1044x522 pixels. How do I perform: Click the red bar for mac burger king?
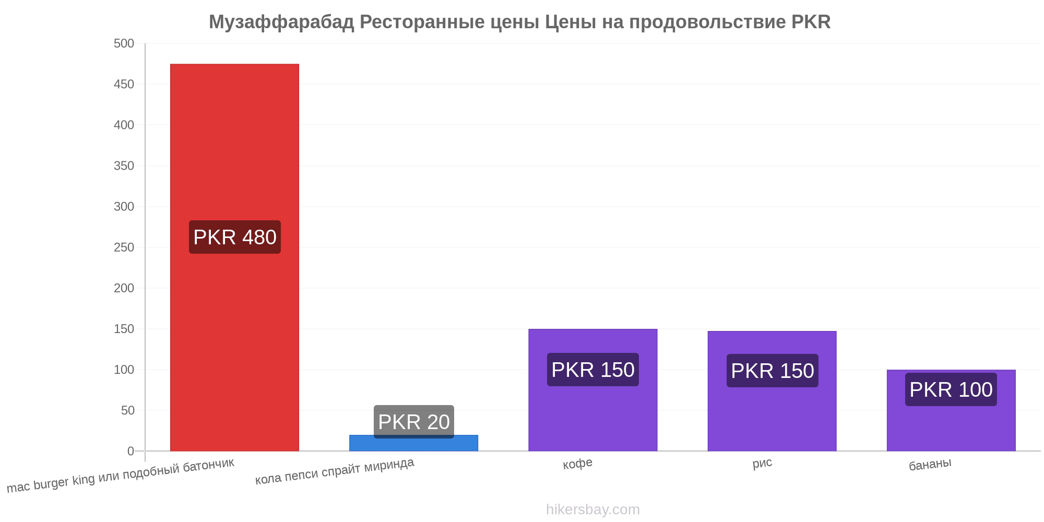click(x=234, y=257)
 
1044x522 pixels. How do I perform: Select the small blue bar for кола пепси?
click(x=413, y=443)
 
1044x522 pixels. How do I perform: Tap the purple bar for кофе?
click(x=592, y=390)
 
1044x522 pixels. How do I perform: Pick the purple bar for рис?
click(x=772, y=391)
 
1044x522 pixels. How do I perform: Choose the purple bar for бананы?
click(x=951, y=410)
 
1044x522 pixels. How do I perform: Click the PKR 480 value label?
click(x=235, y=237)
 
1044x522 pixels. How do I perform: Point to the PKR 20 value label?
click(x=414, y=422)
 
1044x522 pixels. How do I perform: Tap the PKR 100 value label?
click(x=951, y=389)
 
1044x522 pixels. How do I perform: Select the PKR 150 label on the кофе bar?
click(x=593, y=370)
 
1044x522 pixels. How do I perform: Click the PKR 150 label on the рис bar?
click(x=773, y=371)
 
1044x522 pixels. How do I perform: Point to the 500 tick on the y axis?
click(x=124, y=43)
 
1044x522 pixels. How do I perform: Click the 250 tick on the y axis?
click(x=124, y=247)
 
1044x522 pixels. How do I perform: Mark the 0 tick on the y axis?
click(x=131, y=451)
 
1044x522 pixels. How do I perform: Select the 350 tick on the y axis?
click(x=124, y=165)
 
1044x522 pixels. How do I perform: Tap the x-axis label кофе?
click(x=577, y=464)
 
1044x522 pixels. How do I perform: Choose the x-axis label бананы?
click(x=930, y=464)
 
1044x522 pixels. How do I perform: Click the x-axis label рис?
click(x=762, y=464)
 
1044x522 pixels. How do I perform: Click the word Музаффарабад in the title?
click(x=282, y=22)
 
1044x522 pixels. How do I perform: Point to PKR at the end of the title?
click(x=811, y=22)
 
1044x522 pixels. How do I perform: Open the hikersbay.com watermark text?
click(x=593, y=509)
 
